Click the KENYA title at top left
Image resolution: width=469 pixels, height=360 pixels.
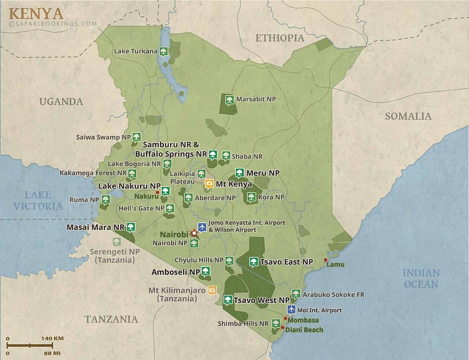[x=36, y=12]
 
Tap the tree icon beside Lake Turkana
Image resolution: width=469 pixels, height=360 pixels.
[x=164, y=51]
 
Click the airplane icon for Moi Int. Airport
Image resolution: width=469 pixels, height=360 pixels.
[x=292, y=310]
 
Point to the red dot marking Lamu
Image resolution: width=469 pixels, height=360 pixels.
[x=326, y=260]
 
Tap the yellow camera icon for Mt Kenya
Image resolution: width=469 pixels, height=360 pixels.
[x=209, y=184]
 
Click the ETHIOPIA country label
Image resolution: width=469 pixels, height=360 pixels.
[x=279, y=38]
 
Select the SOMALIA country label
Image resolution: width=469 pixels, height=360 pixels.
[x=408, y=116]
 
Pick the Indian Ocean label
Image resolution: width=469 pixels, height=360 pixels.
[x=421, y=278]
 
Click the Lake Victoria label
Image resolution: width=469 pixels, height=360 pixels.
[x=38, y=201]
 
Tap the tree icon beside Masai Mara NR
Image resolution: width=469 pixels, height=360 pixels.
[x=130, y=227]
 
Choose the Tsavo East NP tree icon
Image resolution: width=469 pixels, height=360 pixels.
[x=254, y=262]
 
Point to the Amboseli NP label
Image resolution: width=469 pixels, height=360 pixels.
[x=175, y=272]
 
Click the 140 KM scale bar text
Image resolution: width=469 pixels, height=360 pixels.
[x=52, y=339]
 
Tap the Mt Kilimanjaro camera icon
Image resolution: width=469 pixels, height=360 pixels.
[x=212, y=290]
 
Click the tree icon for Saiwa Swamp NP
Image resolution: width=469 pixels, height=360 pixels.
[x=137, y=137]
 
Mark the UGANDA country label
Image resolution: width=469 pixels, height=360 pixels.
[x=61, y=102]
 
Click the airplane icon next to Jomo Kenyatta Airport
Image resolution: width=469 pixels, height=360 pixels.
[x=201, y=227]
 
